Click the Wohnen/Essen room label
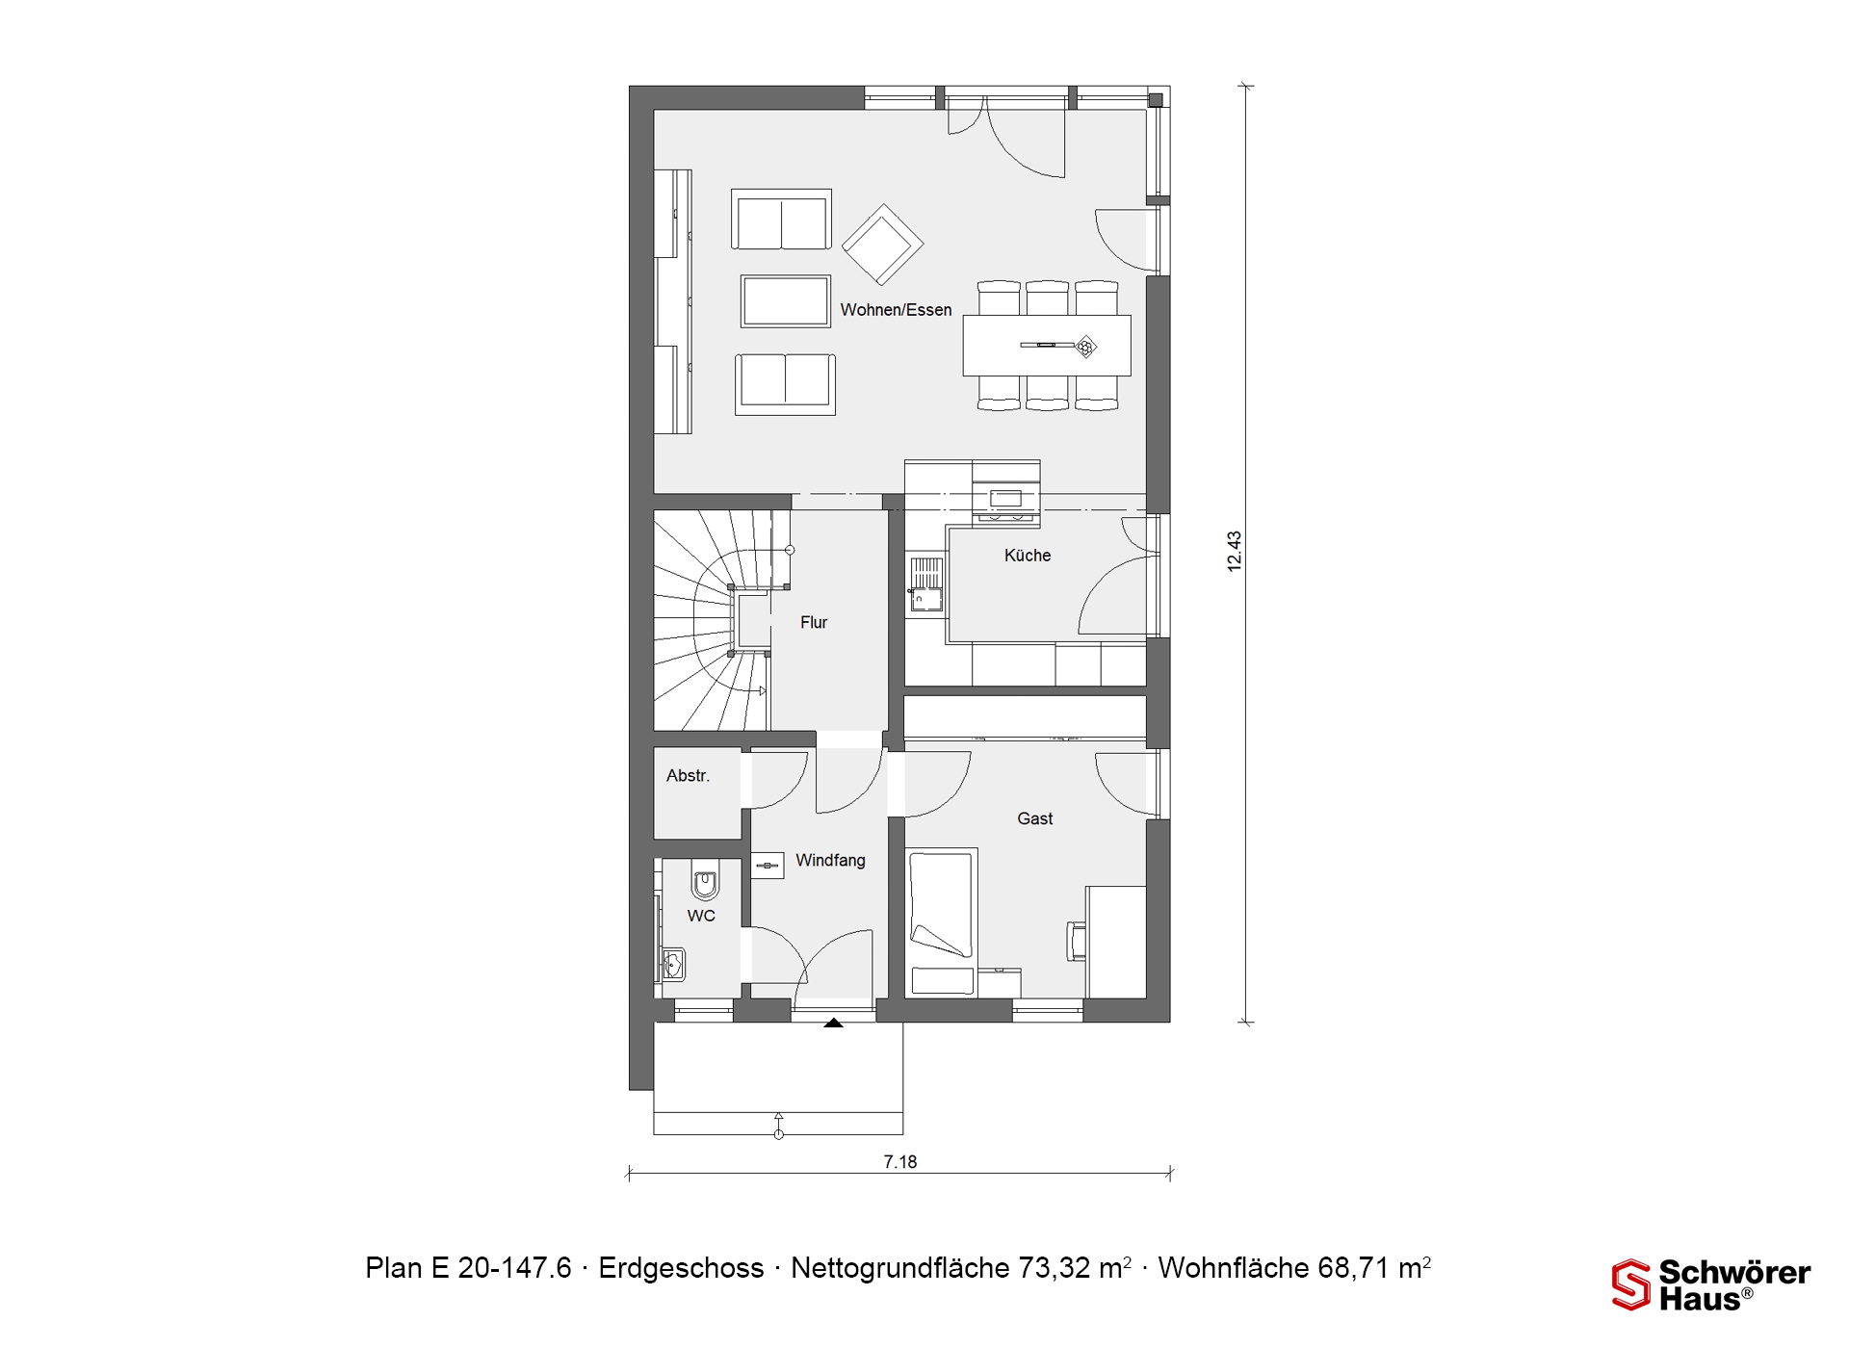pos(896,310)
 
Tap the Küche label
pos(1028,556)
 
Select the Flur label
pos(814,623)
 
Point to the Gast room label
pos(1035,818)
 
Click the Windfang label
pos(830,861)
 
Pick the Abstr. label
pos(688,776)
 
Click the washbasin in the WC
pos(673,964)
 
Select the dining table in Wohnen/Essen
pos(1047,345)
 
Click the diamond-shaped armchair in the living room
pos(883,245)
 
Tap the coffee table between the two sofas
pos(786,301)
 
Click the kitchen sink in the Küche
pos(926,584)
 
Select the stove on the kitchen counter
pos(1006,498)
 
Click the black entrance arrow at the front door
pos(834,1023)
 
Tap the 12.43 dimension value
pos(1235,552)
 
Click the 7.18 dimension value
pos(900,1162)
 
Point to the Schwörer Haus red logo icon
pos(1631,1285)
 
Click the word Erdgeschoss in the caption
pos(681,1268)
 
